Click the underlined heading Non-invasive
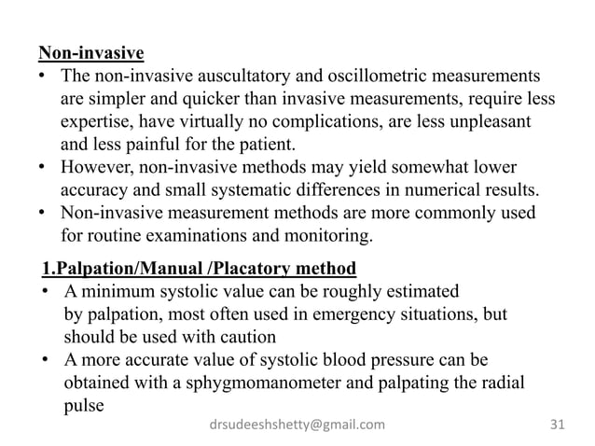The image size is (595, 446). pyautogui.click(x=91, y=53)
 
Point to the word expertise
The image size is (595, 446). pyautogui.click(x=98, y=122)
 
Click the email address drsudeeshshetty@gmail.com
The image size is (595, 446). pyautogui.click(x=297, y=425)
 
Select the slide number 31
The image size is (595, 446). pyautogui.click(x=558, y=425)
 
